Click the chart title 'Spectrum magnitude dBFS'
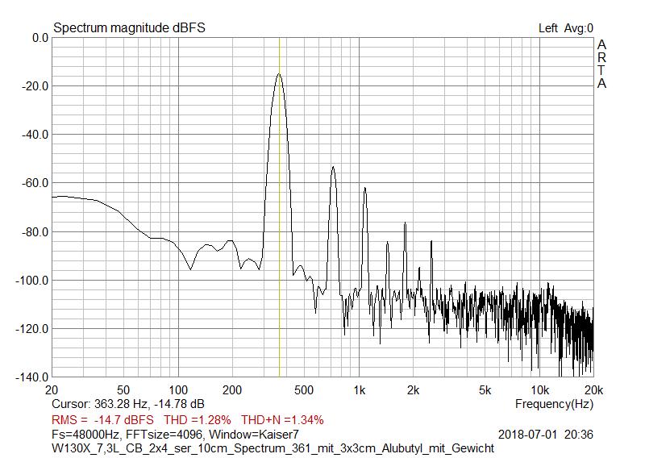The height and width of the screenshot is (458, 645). [x=129, y=28]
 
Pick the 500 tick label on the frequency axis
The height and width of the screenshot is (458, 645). [x=304, y=390]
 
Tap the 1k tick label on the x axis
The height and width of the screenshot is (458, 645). [x=360, y=390]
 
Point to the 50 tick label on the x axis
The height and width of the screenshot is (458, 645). [x=123, y=390]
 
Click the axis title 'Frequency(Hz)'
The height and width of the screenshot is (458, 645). [x=554, y=403]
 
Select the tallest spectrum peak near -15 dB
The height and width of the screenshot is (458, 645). [x=279, y=73]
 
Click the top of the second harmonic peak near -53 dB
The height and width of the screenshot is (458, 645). [x=333, y=167]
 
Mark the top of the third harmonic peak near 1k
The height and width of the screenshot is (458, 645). [x=364, y=188]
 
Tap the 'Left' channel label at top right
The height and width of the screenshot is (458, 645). [x=548, y=28]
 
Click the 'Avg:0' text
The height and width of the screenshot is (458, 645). [x=579, y=28]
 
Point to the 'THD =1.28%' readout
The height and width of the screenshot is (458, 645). [x=198, y=419]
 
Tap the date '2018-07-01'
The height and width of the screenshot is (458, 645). [x=529, y=435]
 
